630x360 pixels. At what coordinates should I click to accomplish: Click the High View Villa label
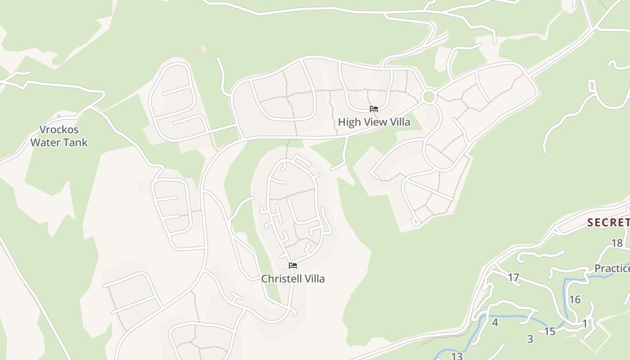tap(374, 122)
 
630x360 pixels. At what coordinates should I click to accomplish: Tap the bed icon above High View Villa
tap(374, 109)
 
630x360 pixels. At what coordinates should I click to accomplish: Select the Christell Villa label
tap(293, 279)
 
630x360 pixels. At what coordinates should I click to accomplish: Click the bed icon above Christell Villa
tap(293, 265)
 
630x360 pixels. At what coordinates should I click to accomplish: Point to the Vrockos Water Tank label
tap(59, 136)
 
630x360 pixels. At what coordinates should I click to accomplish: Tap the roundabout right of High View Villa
tap(429, 97)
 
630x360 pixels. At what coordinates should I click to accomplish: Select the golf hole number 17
tap(513, 278)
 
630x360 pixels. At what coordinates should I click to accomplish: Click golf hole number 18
tap(617, 243)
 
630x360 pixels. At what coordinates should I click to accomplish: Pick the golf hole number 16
tap(575, 300)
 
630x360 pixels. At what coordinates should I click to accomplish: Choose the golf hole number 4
tap(495, 323)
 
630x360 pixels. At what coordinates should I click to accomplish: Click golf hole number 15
tap(550, 332)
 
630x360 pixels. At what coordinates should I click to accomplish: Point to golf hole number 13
tap(457, 356)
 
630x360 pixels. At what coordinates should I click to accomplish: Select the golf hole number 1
tap(585, 324)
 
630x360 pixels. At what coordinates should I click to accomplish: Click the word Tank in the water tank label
tap(75, 143)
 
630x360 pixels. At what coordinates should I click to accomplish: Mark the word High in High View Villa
tap(348, 122)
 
